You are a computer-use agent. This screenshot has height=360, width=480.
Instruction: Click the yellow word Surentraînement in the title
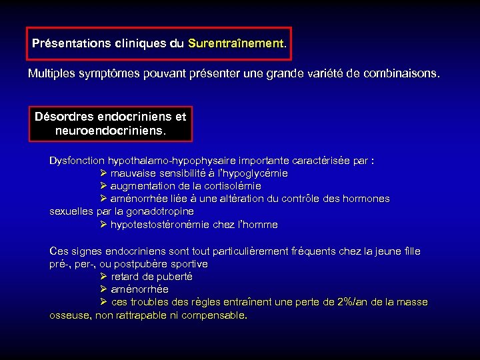[x=236, y=43]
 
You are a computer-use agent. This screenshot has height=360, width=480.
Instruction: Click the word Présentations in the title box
[x=72, y=43]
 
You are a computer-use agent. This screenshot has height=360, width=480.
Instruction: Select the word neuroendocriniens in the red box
[x=110, y=130]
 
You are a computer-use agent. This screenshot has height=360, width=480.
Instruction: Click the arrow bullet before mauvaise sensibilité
[x=103, y=173]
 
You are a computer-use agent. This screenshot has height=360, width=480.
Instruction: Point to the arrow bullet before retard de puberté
[x=103, y=277]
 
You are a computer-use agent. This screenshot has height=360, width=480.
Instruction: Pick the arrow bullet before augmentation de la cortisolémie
[x=103, y=186]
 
